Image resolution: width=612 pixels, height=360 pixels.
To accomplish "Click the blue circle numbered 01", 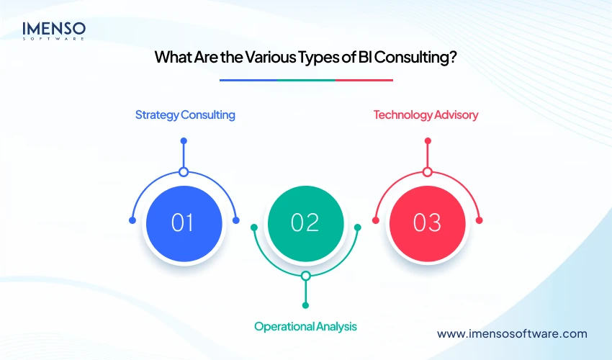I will coord(184,222).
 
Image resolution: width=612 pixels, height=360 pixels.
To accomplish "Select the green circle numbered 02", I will coord(305,222).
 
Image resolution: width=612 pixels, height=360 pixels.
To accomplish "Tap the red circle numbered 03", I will coord(427,222).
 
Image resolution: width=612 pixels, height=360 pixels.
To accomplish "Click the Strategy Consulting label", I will coord(185,114).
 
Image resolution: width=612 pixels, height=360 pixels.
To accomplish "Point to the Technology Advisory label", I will coord(426,114).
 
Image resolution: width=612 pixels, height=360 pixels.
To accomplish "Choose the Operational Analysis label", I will coord(305,326).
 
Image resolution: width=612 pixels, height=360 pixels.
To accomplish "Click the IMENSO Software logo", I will coord(54,30).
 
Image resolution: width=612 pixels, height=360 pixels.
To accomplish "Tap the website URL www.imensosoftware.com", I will coord(512,333).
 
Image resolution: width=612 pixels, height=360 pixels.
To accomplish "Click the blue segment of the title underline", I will coord(248,80).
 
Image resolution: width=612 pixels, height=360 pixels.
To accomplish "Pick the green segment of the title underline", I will coord(306,80).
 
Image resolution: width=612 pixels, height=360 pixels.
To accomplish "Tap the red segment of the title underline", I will coord(364,80).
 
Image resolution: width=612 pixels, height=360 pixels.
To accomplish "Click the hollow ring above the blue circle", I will coord(184,172).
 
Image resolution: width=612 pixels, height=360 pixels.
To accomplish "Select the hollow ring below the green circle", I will coord(305,276).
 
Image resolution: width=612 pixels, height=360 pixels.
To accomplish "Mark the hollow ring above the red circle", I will coord(427,172).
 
